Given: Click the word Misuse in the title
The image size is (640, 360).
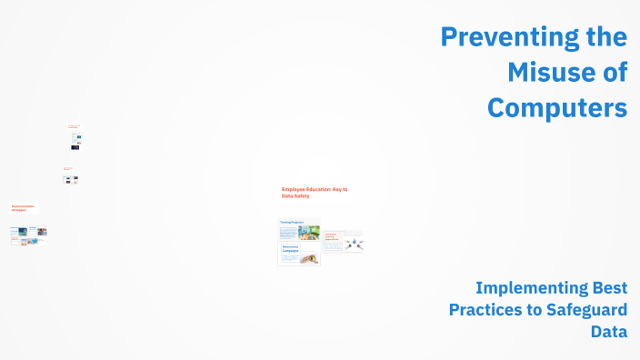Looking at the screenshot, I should [x=539, y=72].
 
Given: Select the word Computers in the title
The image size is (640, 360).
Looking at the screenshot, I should [x=556, y=106].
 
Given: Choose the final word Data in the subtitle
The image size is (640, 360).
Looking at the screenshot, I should [x=608, y=332].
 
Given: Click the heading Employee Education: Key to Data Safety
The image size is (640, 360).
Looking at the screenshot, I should [x=314, y=192].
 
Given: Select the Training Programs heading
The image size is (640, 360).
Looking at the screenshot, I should [x=292, y=222].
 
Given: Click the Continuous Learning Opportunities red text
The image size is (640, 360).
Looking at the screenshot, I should [x=331, y=238].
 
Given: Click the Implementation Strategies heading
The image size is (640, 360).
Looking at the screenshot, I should [x=24, y=207].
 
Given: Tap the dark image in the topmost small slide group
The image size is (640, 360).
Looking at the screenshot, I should [x=75, y=146].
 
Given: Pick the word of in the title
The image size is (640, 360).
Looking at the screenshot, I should [x=612, y=72].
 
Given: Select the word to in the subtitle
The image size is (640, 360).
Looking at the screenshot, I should [x=533, y=310].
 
